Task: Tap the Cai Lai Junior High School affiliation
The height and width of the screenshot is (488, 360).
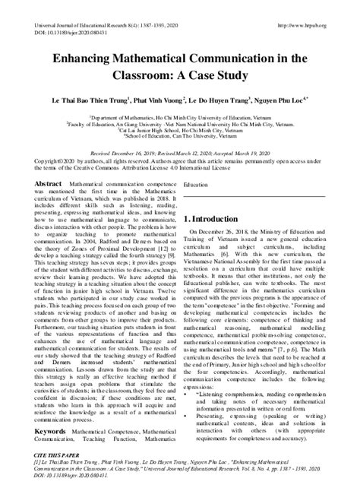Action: [179, 130]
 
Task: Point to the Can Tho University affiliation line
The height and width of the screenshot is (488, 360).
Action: [179, 137]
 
